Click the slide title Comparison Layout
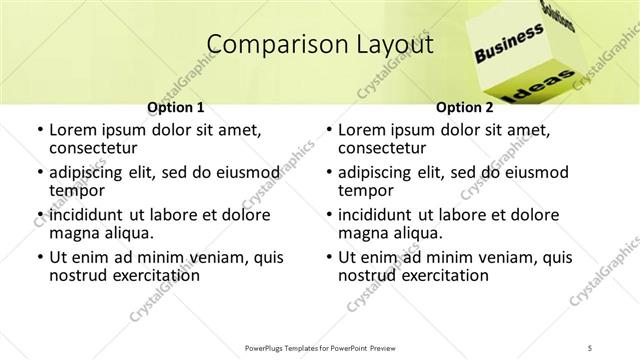(319, 44)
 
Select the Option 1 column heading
(176, 107)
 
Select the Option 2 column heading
(464, 107)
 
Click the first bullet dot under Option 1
(39, 131)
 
